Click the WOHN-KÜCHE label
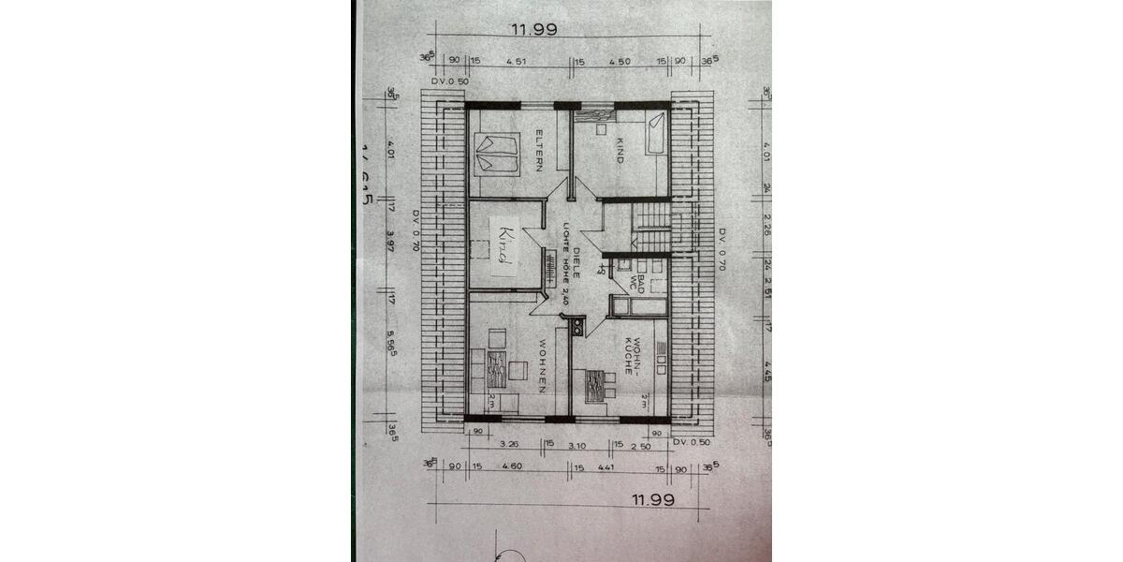point(634,356)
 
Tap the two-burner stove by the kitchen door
point(577,326)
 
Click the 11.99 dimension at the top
point(533,29)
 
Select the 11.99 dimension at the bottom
point(653,499)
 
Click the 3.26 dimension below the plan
point(510,443)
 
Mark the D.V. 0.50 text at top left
point(449,81)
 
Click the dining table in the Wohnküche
point(594,385)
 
